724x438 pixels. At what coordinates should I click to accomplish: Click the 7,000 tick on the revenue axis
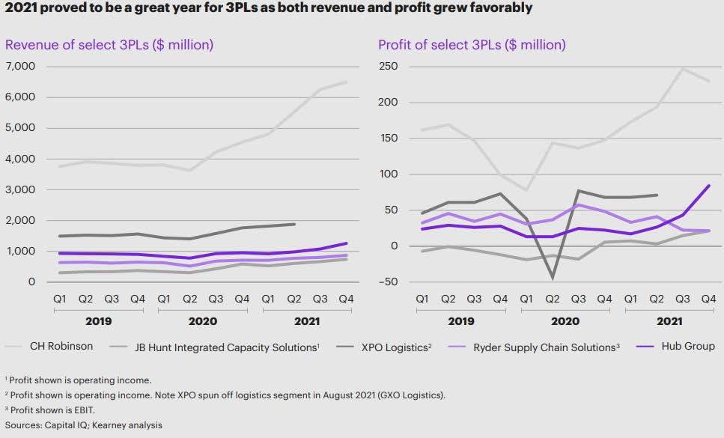pyautogui.click(x=20, y=67)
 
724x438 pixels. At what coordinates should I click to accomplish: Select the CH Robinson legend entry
pyautogui.click(x=61, y=347)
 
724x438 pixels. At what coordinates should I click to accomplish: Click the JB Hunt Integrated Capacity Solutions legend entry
pyautogui.click(x=225, y=347)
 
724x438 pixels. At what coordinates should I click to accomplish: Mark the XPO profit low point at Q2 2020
pyautogui.click(x=553, y=279)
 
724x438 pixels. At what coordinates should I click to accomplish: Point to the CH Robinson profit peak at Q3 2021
pyautogui.click(x=683, y=69)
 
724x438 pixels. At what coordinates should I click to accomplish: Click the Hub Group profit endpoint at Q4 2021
pyautogui.click(x=709, y=186)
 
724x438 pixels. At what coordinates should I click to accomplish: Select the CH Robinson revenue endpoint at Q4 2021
pyautogui.click(x=346, y=82)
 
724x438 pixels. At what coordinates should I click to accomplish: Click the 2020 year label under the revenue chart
pyautogui.click(x=202, y=320)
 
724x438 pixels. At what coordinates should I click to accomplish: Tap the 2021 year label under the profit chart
pyautogui.click(x=669, y=320)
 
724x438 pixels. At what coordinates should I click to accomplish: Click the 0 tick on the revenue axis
pyautogui.click(x=31, y=282)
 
